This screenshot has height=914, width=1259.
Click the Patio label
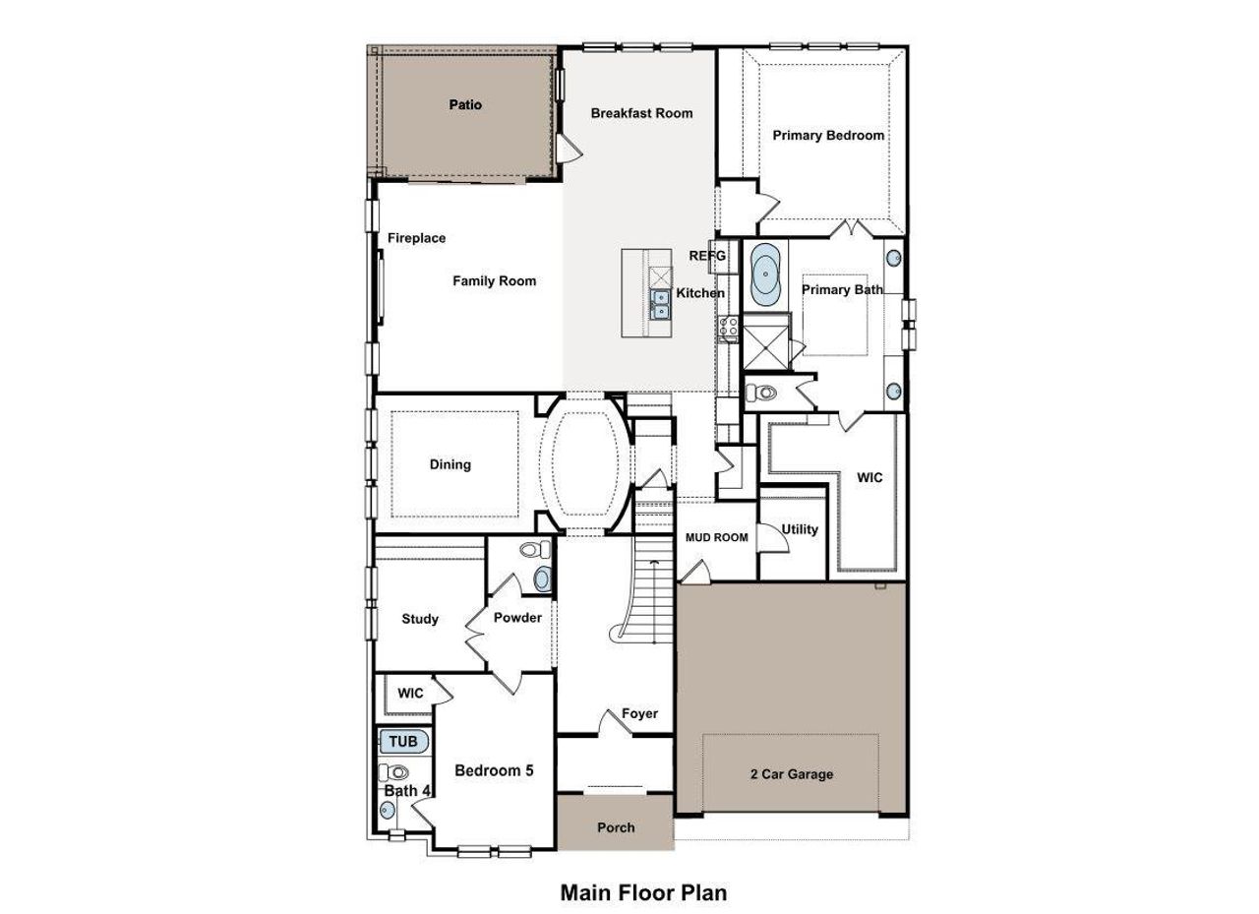(465, 104)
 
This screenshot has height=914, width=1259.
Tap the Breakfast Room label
(641, 113)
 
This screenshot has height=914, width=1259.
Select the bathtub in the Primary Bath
(765, 274)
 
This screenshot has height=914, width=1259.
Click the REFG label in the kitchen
(707, 256)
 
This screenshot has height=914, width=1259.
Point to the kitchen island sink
(659, 305)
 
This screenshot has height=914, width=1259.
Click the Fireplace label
(416, 238)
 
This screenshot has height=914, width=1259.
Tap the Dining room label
(450, 464)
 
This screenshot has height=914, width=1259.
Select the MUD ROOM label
(716, 537)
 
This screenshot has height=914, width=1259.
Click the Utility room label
(800, 529)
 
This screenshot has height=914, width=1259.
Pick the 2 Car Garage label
(791, 774)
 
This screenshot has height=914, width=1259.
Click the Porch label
(616, 827)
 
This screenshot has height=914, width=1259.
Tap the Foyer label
(639, 713)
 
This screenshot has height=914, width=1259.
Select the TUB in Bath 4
(403, 742)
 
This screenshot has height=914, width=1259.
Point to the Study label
(420, 619)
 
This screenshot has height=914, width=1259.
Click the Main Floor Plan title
(643, 892)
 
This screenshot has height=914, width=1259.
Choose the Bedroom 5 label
(494, 770)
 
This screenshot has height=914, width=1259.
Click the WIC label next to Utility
(869, 477)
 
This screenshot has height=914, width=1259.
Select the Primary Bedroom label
(828, 135)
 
